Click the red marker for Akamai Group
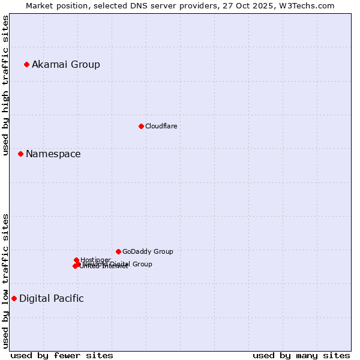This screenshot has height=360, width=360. [x=26, y=64]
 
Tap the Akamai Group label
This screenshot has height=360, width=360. [x=66, y=64]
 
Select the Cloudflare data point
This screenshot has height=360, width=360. [x=141, y=126]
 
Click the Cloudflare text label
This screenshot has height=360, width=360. [x=161, y=126]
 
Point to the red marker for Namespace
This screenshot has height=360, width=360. [x=20, y=154]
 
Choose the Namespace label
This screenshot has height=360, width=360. [x=53, y=154]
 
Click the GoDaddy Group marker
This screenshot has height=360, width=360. [x=118, y=251]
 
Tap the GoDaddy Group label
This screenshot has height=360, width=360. [x=148, y=252]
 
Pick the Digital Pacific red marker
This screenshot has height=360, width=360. [x=14, y=298]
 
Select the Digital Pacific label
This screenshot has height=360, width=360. [x=52, y=299]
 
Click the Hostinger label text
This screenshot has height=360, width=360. [x=95, y=260]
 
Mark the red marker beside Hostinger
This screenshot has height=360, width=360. [x=76, y=260]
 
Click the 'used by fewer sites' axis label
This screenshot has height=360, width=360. [x=62, y=355]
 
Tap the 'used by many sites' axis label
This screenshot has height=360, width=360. [x=301, y=355]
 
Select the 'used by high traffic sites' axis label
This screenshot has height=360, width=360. [x=5, y=85]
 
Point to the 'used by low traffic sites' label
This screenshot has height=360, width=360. [x=5, y=281]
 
